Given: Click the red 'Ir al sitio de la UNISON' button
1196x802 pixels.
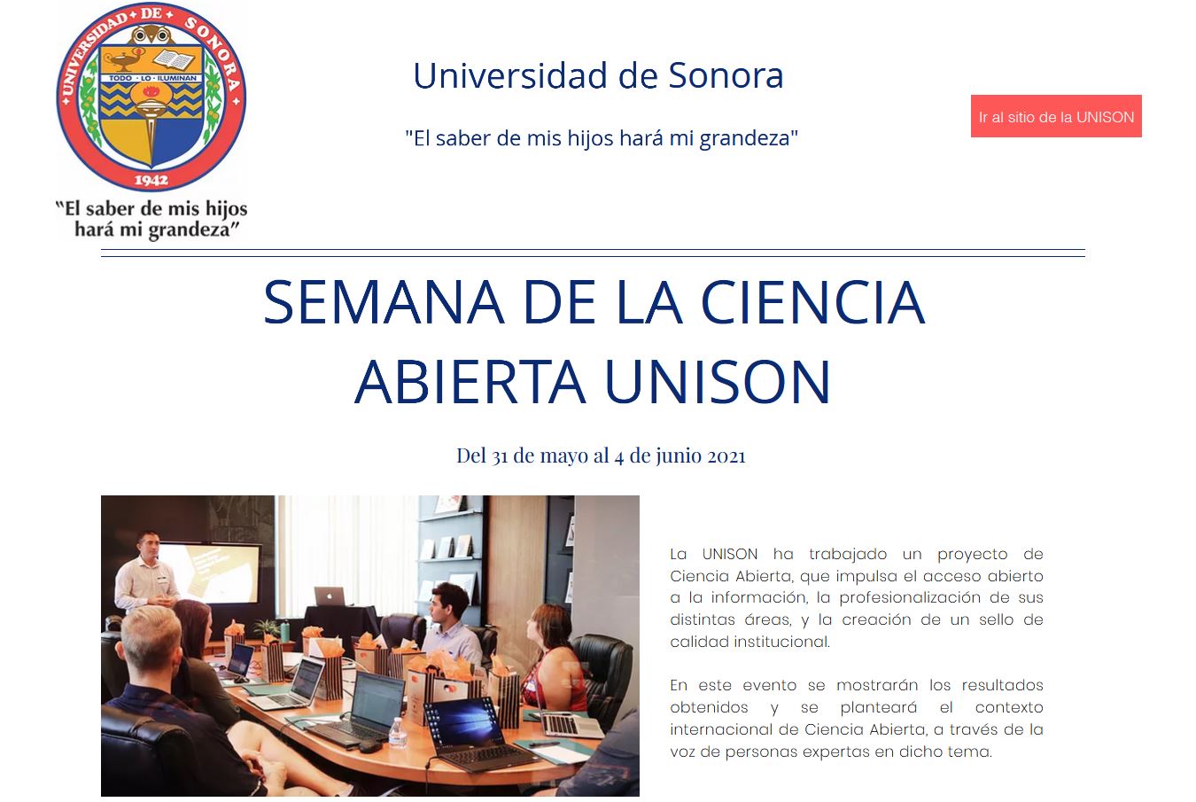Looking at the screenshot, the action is pos(1055,116).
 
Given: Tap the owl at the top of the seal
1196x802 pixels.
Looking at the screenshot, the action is pos(151,35).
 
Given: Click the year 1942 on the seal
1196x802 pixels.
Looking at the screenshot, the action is pos(151,180).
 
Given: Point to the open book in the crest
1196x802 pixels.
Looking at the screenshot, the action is pos(174,59).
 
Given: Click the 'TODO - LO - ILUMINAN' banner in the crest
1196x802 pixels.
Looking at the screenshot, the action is pos(152,78).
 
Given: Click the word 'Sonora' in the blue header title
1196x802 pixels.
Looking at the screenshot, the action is pos(726,75).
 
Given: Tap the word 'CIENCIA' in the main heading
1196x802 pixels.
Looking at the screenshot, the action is pos(812,302).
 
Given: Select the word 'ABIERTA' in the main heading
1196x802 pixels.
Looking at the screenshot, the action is pos(470,382).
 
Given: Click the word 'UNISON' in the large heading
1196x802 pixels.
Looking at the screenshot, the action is pos(717,382).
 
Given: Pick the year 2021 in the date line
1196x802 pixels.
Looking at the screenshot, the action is pos(726,456).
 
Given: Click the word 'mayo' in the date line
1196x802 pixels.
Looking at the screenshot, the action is pos(563,456).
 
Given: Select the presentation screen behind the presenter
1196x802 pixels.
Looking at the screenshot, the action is pos(208,572).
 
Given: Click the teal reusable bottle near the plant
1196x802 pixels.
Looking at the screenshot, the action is pos(285,631).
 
